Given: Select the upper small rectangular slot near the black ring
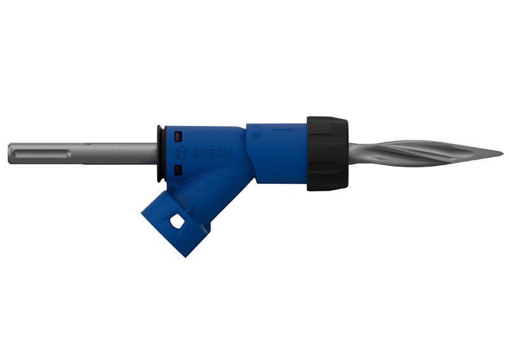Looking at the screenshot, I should tap(178, 136).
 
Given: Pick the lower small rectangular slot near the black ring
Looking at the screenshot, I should tap(178, 169).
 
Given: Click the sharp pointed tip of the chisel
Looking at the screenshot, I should tap(502, 153).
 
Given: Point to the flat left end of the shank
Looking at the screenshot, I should tap(10, 153).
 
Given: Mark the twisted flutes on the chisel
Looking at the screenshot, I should tap(414, 153).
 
